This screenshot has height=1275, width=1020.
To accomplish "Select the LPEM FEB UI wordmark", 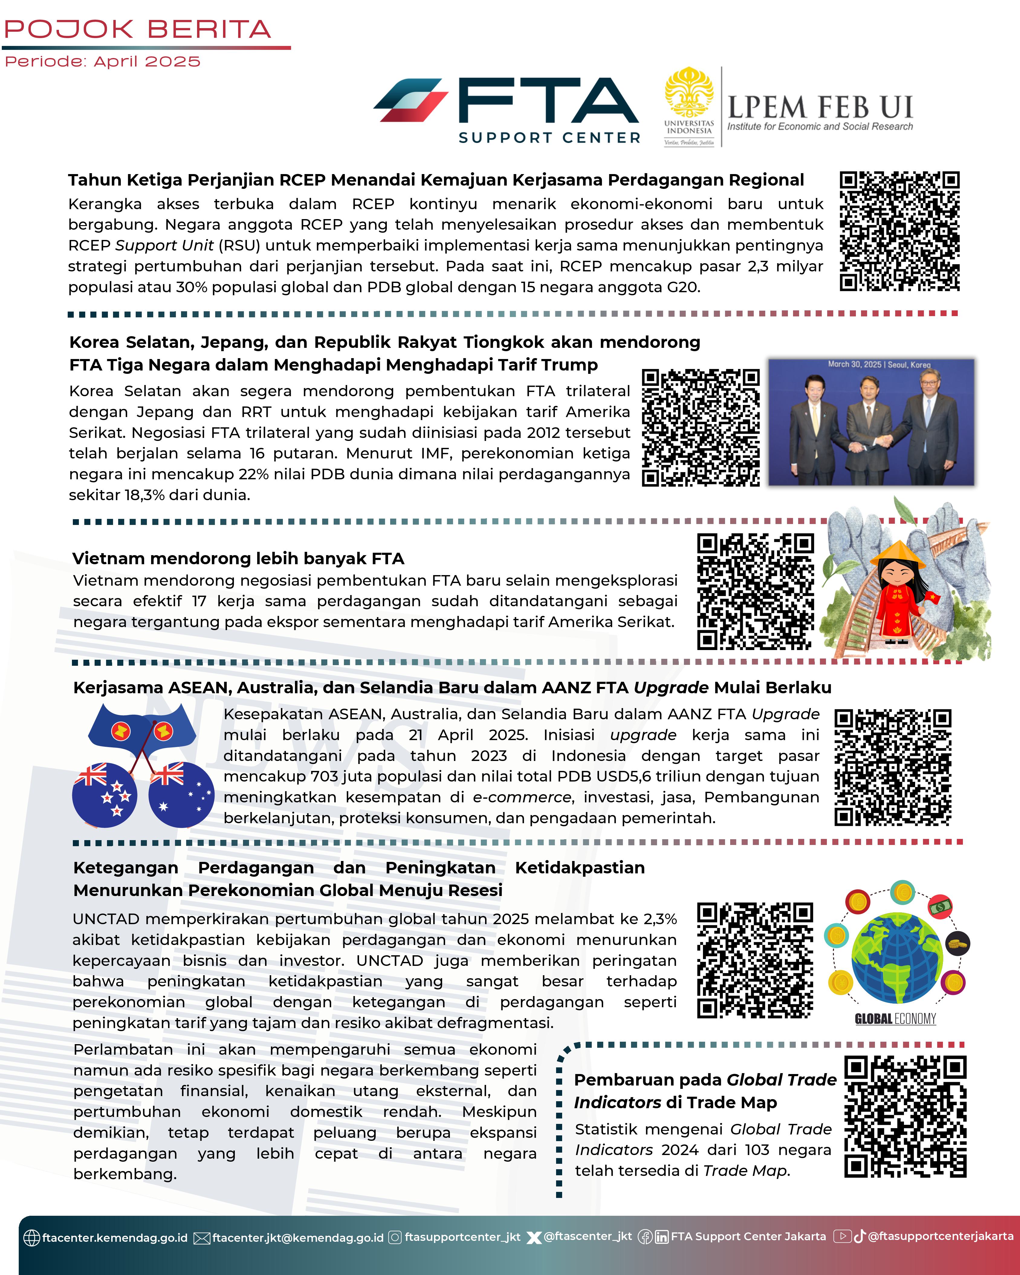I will tap(820, 108).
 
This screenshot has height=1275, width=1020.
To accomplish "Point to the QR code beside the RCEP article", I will tap(899, 231).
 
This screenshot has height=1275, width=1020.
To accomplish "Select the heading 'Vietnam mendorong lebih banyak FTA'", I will tap(238, 558).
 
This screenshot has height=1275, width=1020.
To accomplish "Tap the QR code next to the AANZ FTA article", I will tap(892, 767).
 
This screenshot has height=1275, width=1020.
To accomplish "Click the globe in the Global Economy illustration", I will tap(896, 958).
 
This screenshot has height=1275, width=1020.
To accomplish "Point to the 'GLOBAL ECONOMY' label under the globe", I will tap(895, 1018).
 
